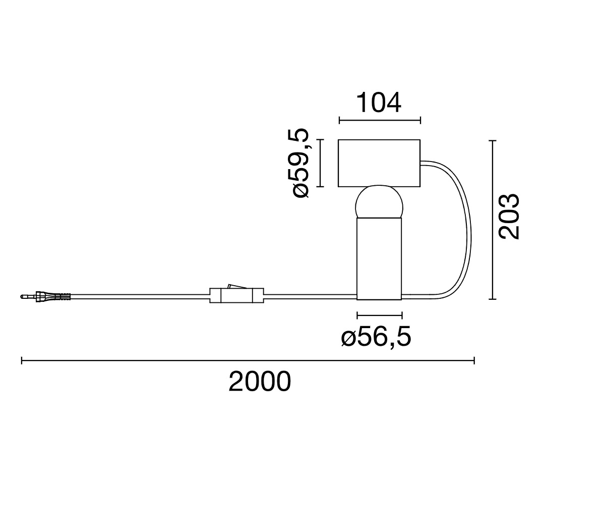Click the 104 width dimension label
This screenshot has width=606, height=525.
[379, 102]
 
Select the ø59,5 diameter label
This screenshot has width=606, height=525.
[301, 163]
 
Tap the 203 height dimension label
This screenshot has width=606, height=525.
[509, 216]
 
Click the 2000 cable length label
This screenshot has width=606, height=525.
[260, 382]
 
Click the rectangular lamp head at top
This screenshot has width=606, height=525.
[379, 163]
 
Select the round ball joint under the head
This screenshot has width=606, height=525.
[379, 202]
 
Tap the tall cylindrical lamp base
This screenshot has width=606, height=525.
[379, 258]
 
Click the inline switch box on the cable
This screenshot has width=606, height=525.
[236, 295]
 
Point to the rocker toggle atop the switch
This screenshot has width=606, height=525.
[237, 286]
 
